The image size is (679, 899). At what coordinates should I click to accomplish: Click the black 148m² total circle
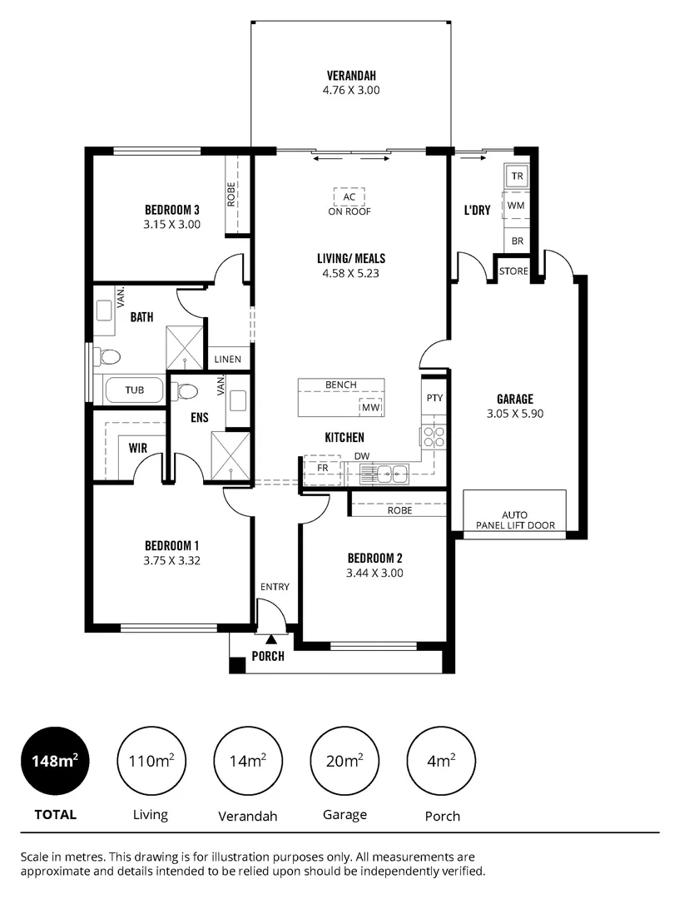tap(55, 761)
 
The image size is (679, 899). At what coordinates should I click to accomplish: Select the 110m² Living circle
tap(151, 761)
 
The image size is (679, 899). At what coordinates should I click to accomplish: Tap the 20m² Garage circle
tap(344, 761)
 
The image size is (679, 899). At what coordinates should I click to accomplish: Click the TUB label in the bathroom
tap(134, 390)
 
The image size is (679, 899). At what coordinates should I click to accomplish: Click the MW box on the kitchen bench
tap(369, 408)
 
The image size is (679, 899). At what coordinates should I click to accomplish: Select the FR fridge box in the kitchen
tap(323, 469)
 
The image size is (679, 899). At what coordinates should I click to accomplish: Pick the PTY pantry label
tap(434, 398)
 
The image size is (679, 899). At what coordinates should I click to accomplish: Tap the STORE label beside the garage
tap(513, 271)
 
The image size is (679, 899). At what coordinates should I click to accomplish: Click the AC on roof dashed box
tap(349, 197)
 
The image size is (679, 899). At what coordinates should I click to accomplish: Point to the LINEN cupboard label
tap(227, 360)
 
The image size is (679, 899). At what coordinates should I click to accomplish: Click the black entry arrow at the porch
tap(271, 639)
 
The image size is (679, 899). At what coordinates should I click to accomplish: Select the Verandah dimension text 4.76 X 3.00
tap(351, 90)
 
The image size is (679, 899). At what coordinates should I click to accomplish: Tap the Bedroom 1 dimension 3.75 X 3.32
tap(171, 560)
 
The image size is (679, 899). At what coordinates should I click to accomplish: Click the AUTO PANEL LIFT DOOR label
tap(514, 520)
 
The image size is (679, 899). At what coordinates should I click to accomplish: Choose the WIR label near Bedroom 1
tap(138, 448)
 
